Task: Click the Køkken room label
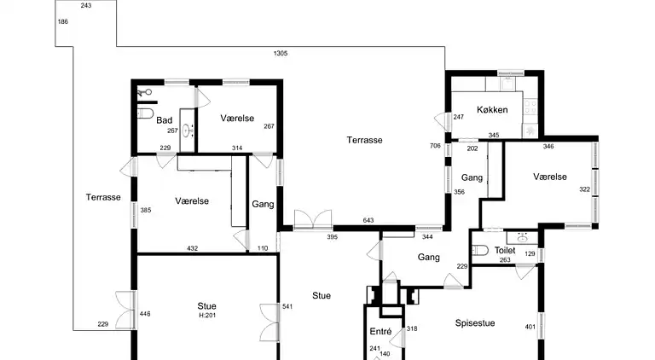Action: (492, 110)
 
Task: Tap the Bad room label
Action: (164, 120)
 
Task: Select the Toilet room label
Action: (505, 250)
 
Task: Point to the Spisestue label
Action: (475, 322)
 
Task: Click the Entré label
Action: (380, 331)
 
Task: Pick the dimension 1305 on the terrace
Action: (281, 53)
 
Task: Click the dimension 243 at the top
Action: (86, 5)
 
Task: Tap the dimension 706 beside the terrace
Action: (435, 146)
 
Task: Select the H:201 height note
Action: (207, 316)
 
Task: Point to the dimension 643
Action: (368, 220)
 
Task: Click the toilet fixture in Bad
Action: (145, 113)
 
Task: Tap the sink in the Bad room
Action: (187, 131)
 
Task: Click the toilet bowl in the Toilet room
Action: (480, 250)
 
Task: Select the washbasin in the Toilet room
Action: (522, 239)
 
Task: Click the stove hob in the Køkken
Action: (530, 107)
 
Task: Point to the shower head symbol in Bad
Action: (144, 92)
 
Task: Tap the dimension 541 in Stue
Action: (287, 306)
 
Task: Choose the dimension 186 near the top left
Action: (62, 21)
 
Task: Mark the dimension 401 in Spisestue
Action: (530, 327)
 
